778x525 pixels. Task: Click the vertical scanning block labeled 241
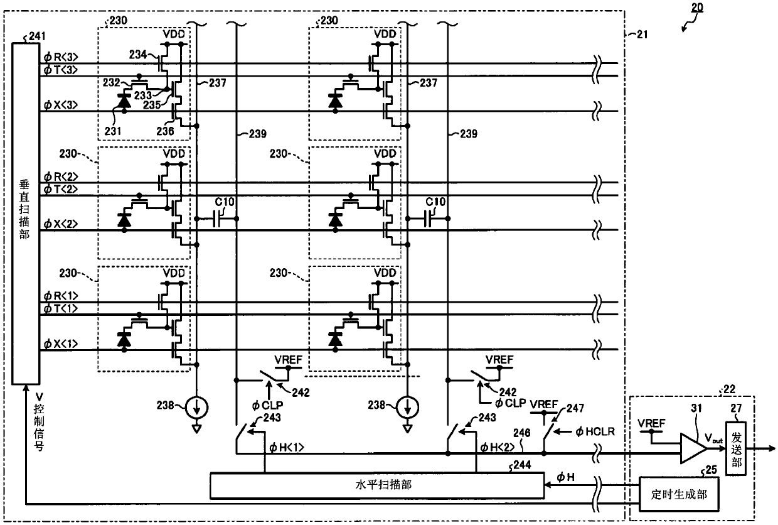point(26,214)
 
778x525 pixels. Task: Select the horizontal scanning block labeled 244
point(377,485)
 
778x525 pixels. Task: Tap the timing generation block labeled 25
point(679,494)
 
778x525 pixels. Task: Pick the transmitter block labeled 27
point(735,448)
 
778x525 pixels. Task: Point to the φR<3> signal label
point(61,57)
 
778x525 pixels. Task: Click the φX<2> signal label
point(61,224)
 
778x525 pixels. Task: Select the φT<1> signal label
point(61,308)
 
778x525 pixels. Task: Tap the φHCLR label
point(595,432)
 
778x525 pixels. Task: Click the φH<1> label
point(286,447)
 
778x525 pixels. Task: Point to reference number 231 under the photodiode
point(113,131)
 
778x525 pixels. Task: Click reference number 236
point(165,131)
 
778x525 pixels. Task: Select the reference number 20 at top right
point(696,8)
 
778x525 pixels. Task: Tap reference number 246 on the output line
point(522,433)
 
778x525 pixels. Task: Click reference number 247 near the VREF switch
point(575,408)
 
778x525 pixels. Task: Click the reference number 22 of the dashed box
point(729,389)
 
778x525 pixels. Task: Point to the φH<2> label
point(497,447)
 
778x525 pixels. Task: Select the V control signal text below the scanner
point(40,421)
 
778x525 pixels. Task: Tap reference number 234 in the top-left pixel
point(138,55)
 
